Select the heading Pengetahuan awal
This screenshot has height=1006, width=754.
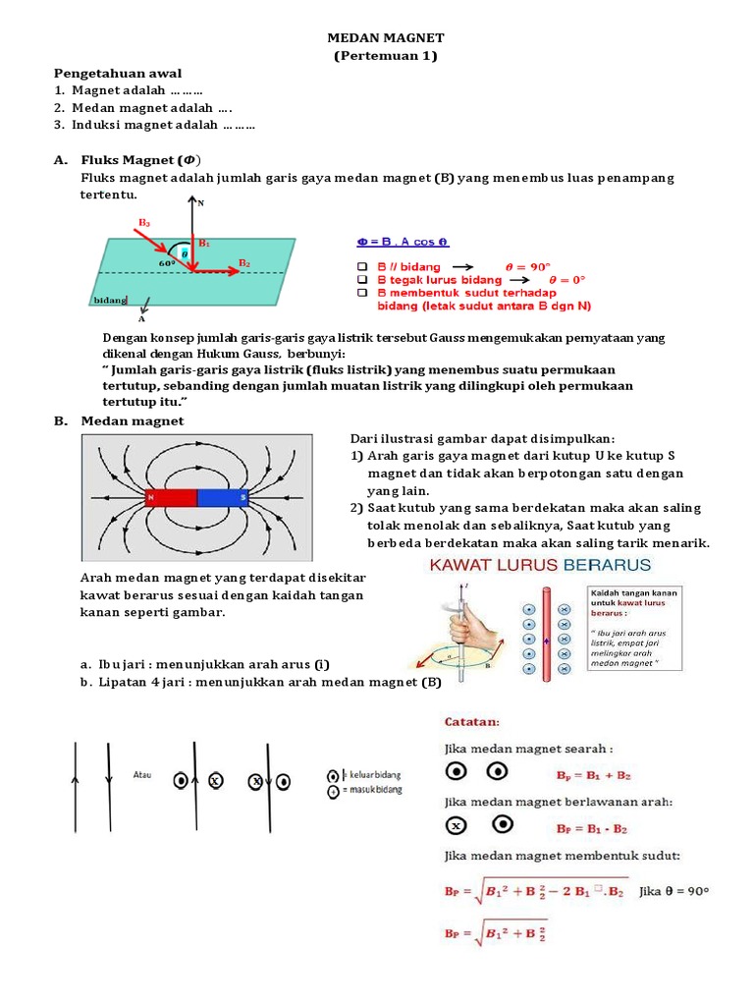(x=117, y=74)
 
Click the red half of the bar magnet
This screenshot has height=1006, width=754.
(x=171, y=498)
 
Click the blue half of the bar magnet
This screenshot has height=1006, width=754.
(x=224, y=498)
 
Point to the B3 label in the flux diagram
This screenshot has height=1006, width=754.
(x=144, y=223)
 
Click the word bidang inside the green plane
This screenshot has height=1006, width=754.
(x=110, y=300)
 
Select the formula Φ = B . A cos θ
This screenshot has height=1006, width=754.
(x=403, y=242)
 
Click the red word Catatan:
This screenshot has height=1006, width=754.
(x=473, y=722)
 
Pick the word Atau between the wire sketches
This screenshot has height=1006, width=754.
(x=142, y=774)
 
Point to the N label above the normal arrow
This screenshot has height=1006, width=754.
(x=201, y=203)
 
